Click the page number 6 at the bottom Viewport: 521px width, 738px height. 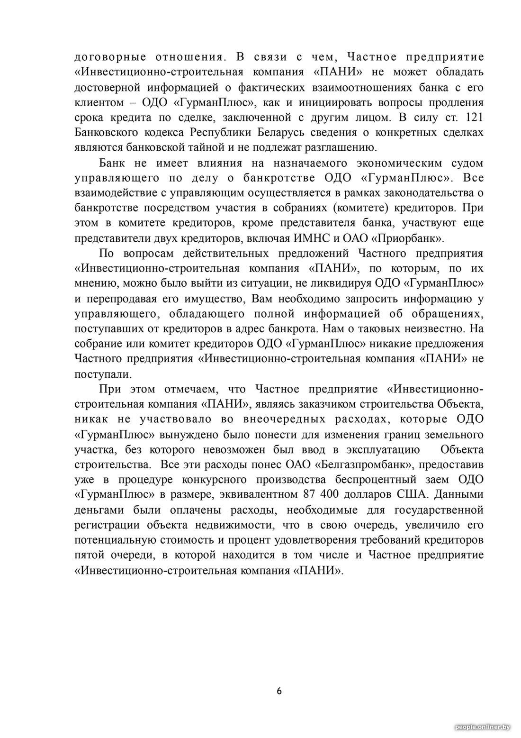279,691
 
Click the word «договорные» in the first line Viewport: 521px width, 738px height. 110,57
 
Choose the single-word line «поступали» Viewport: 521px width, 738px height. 102,374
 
